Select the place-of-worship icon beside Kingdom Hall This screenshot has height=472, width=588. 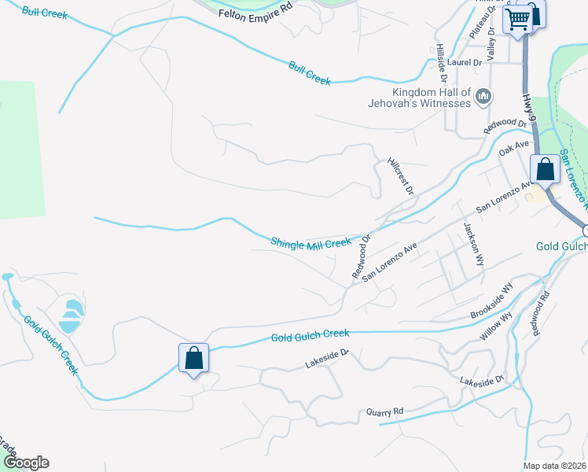483,97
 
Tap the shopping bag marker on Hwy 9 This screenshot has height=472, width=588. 545,169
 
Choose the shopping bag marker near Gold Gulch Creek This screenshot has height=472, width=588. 193,359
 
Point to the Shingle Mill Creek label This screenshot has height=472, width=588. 311,242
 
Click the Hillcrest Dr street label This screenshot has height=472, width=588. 400,175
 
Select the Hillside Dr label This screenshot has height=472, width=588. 441,63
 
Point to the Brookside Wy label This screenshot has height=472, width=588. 491,304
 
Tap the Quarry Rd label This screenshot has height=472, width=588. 384,411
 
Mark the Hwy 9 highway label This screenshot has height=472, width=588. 529,107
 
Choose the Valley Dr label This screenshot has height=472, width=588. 491,44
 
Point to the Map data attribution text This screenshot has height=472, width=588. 555,466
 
